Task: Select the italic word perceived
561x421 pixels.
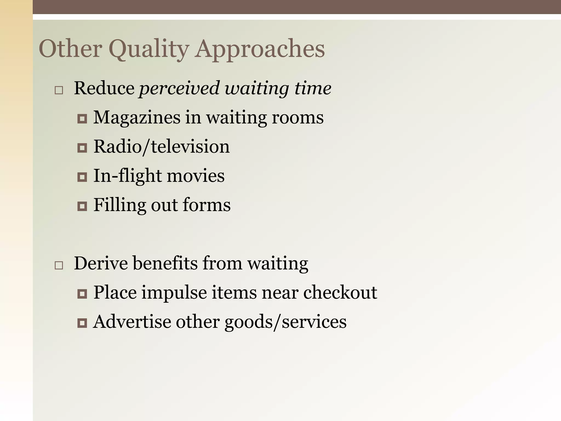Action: [179, 89]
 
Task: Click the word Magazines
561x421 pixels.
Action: [137, 118]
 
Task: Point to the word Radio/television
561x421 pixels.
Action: [162, 147]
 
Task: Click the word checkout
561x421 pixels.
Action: [340, 292]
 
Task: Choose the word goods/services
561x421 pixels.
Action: [285, 322]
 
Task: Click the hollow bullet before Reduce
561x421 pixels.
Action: [59, 90]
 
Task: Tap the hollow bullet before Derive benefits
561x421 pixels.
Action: [59, 265]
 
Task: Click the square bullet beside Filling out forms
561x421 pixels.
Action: [82, 206]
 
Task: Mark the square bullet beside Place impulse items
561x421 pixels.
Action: [82, 294]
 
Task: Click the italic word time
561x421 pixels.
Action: [313, 89]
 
